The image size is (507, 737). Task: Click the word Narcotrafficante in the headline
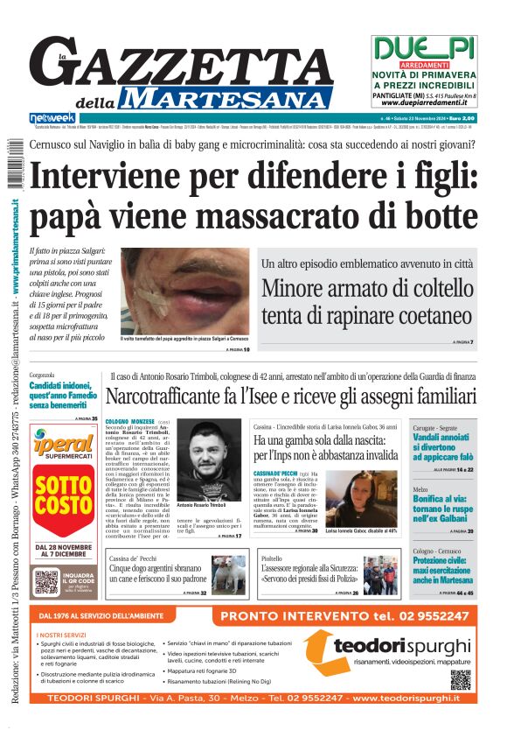click(x=178, y=397)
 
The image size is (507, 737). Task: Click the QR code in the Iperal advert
click(x=46, y=581)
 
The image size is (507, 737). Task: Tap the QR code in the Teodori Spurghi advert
click(x=460, y=678)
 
